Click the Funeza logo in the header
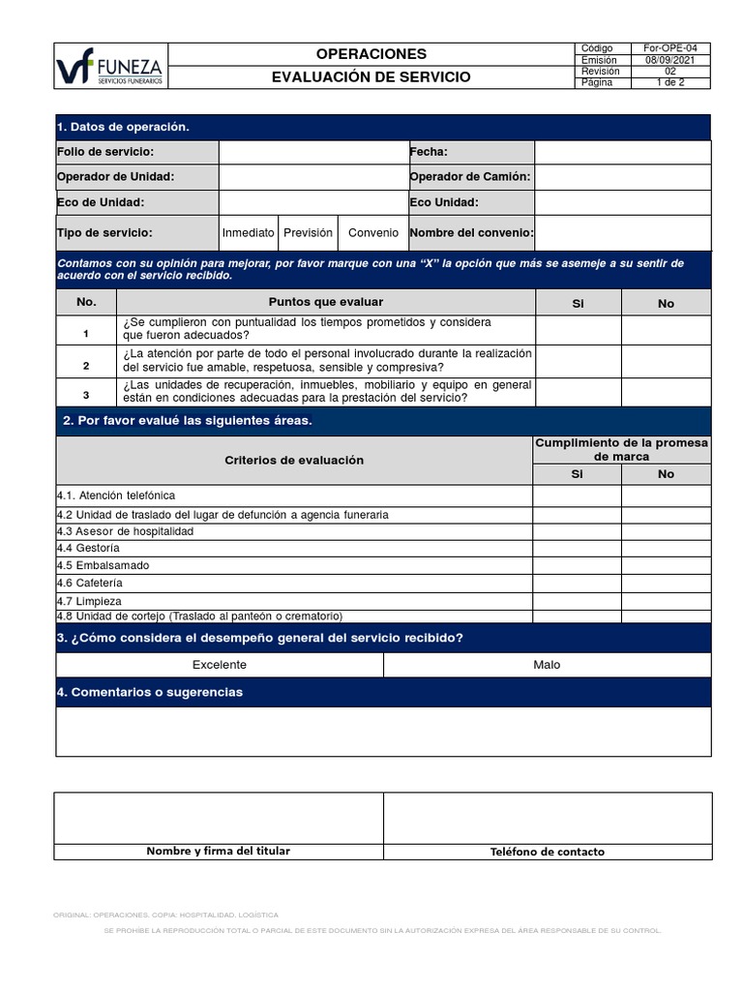[x=110, y=66]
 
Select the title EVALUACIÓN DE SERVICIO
[x=371, y=77]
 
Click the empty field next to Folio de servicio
[x=312, y=153]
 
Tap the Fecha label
[x=429, y=153]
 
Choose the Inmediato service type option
[x=249, y=233]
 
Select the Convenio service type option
[x=372, y=233]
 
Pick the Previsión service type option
[x=308, y=233]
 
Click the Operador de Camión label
[x=470, y=177]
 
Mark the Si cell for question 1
[x=578, y=329]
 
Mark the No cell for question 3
[x=666, y=392]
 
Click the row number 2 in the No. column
[x=86, y=366]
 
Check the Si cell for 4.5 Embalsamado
[x=578, y=565]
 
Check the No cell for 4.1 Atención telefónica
[x=666, y=495]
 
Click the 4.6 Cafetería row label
[x=90, y=584]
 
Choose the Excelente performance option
[x=220, y=665]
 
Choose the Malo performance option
[x=547, y=665]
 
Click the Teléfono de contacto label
[x=547, y=852]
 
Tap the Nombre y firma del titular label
[x=218, y=852]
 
